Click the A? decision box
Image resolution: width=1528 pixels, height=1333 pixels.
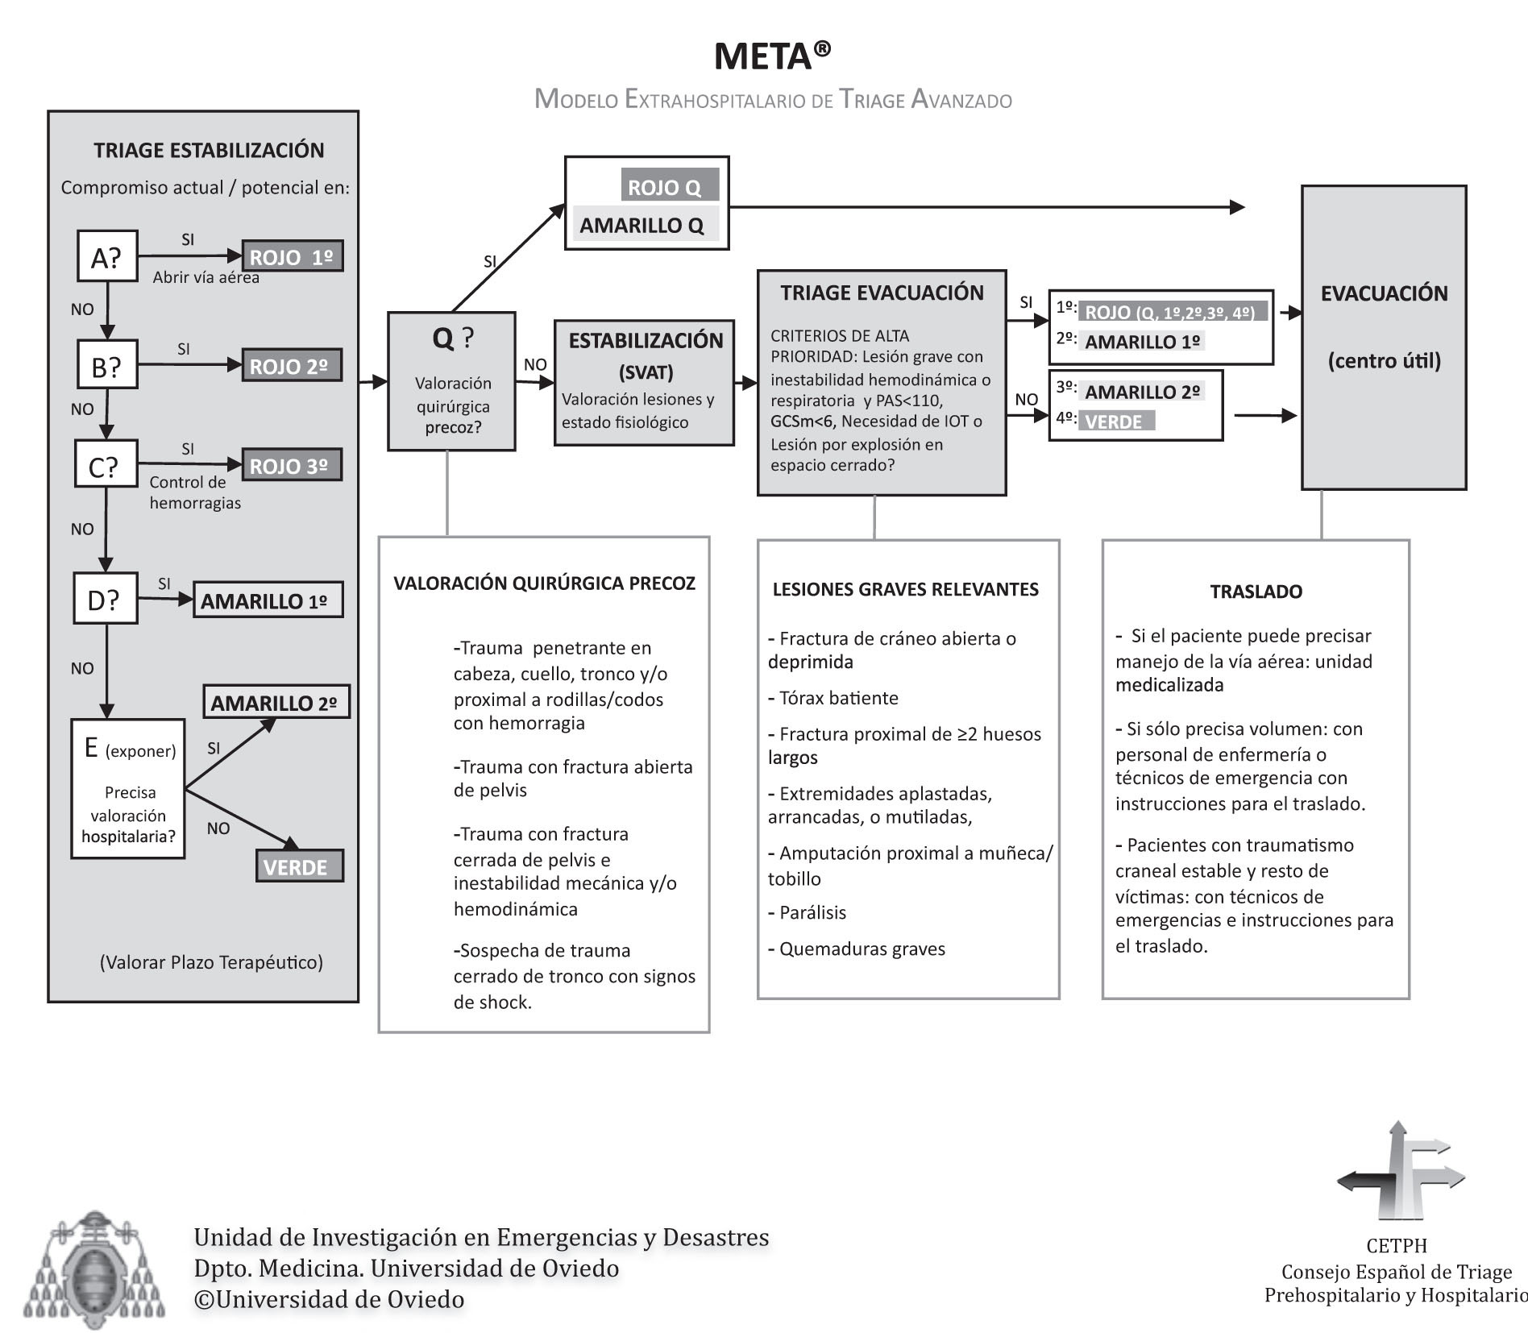tap(107, 256)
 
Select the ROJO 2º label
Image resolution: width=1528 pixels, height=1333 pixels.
tap(292, 365)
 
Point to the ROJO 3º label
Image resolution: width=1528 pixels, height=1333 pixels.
tap(292, 465)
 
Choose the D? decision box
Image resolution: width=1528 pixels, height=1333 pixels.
tap(105, 599)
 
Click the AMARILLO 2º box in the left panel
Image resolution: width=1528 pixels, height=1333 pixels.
tap(276, 702)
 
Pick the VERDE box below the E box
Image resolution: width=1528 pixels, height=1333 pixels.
tap(299, 866)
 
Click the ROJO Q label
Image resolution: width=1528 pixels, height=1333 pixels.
tap(669, 186)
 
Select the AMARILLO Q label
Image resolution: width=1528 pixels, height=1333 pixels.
tap(642, 225)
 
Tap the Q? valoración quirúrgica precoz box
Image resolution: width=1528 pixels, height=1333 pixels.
tap(451, 381)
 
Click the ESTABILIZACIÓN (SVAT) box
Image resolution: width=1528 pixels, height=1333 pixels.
tap(644, 383)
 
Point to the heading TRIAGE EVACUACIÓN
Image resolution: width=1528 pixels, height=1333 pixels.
tap(882, 293)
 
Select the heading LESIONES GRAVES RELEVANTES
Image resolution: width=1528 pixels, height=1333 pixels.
tap(905, 589)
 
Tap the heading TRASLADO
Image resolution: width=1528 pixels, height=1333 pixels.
tap(1256, 592)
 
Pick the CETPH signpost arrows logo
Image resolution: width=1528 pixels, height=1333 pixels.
tap(1400, 1170)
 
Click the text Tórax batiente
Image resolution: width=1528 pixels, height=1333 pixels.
tap(838, 698)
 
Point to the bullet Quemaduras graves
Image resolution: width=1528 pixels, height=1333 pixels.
tap(862, 949)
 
